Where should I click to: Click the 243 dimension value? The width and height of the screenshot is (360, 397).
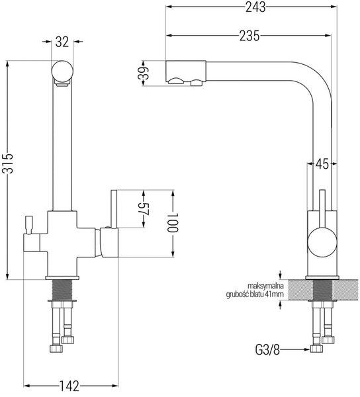click(255, 7)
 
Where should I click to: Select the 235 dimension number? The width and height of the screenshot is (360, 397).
click(249, 36)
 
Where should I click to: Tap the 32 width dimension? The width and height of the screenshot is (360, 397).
click(62, 42)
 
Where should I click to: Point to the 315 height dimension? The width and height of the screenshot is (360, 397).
click(7, 163)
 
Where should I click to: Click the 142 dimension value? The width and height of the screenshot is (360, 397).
click(69, 386)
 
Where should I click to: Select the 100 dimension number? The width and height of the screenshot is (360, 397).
click(173, 222)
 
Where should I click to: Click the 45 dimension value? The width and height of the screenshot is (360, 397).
click(322, 164)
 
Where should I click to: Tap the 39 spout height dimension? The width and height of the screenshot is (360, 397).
click(144, 73)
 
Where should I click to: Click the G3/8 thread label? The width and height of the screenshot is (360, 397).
click(267, 350)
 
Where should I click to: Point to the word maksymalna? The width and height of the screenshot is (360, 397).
click(265, 286)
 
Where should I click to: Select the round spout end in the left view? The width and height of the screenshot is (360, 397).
click(62, 71)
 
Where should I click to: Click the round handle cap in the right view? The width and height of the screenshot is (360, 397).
click(322, 242)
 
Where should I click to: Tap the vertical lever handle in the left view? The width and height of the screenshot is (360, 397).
click(114, 209)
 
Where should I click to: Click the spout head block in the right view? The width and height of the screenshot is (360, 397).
click(185, 72)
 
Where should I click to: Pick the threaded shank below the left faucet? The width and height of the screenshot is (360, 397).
click(62, 290)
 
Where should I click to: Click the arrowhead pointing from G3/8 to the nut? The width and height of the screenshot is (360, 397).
click(306, 349)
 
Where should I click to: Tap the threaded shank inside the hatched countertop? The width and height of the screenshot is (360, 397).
click(322, 290)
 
